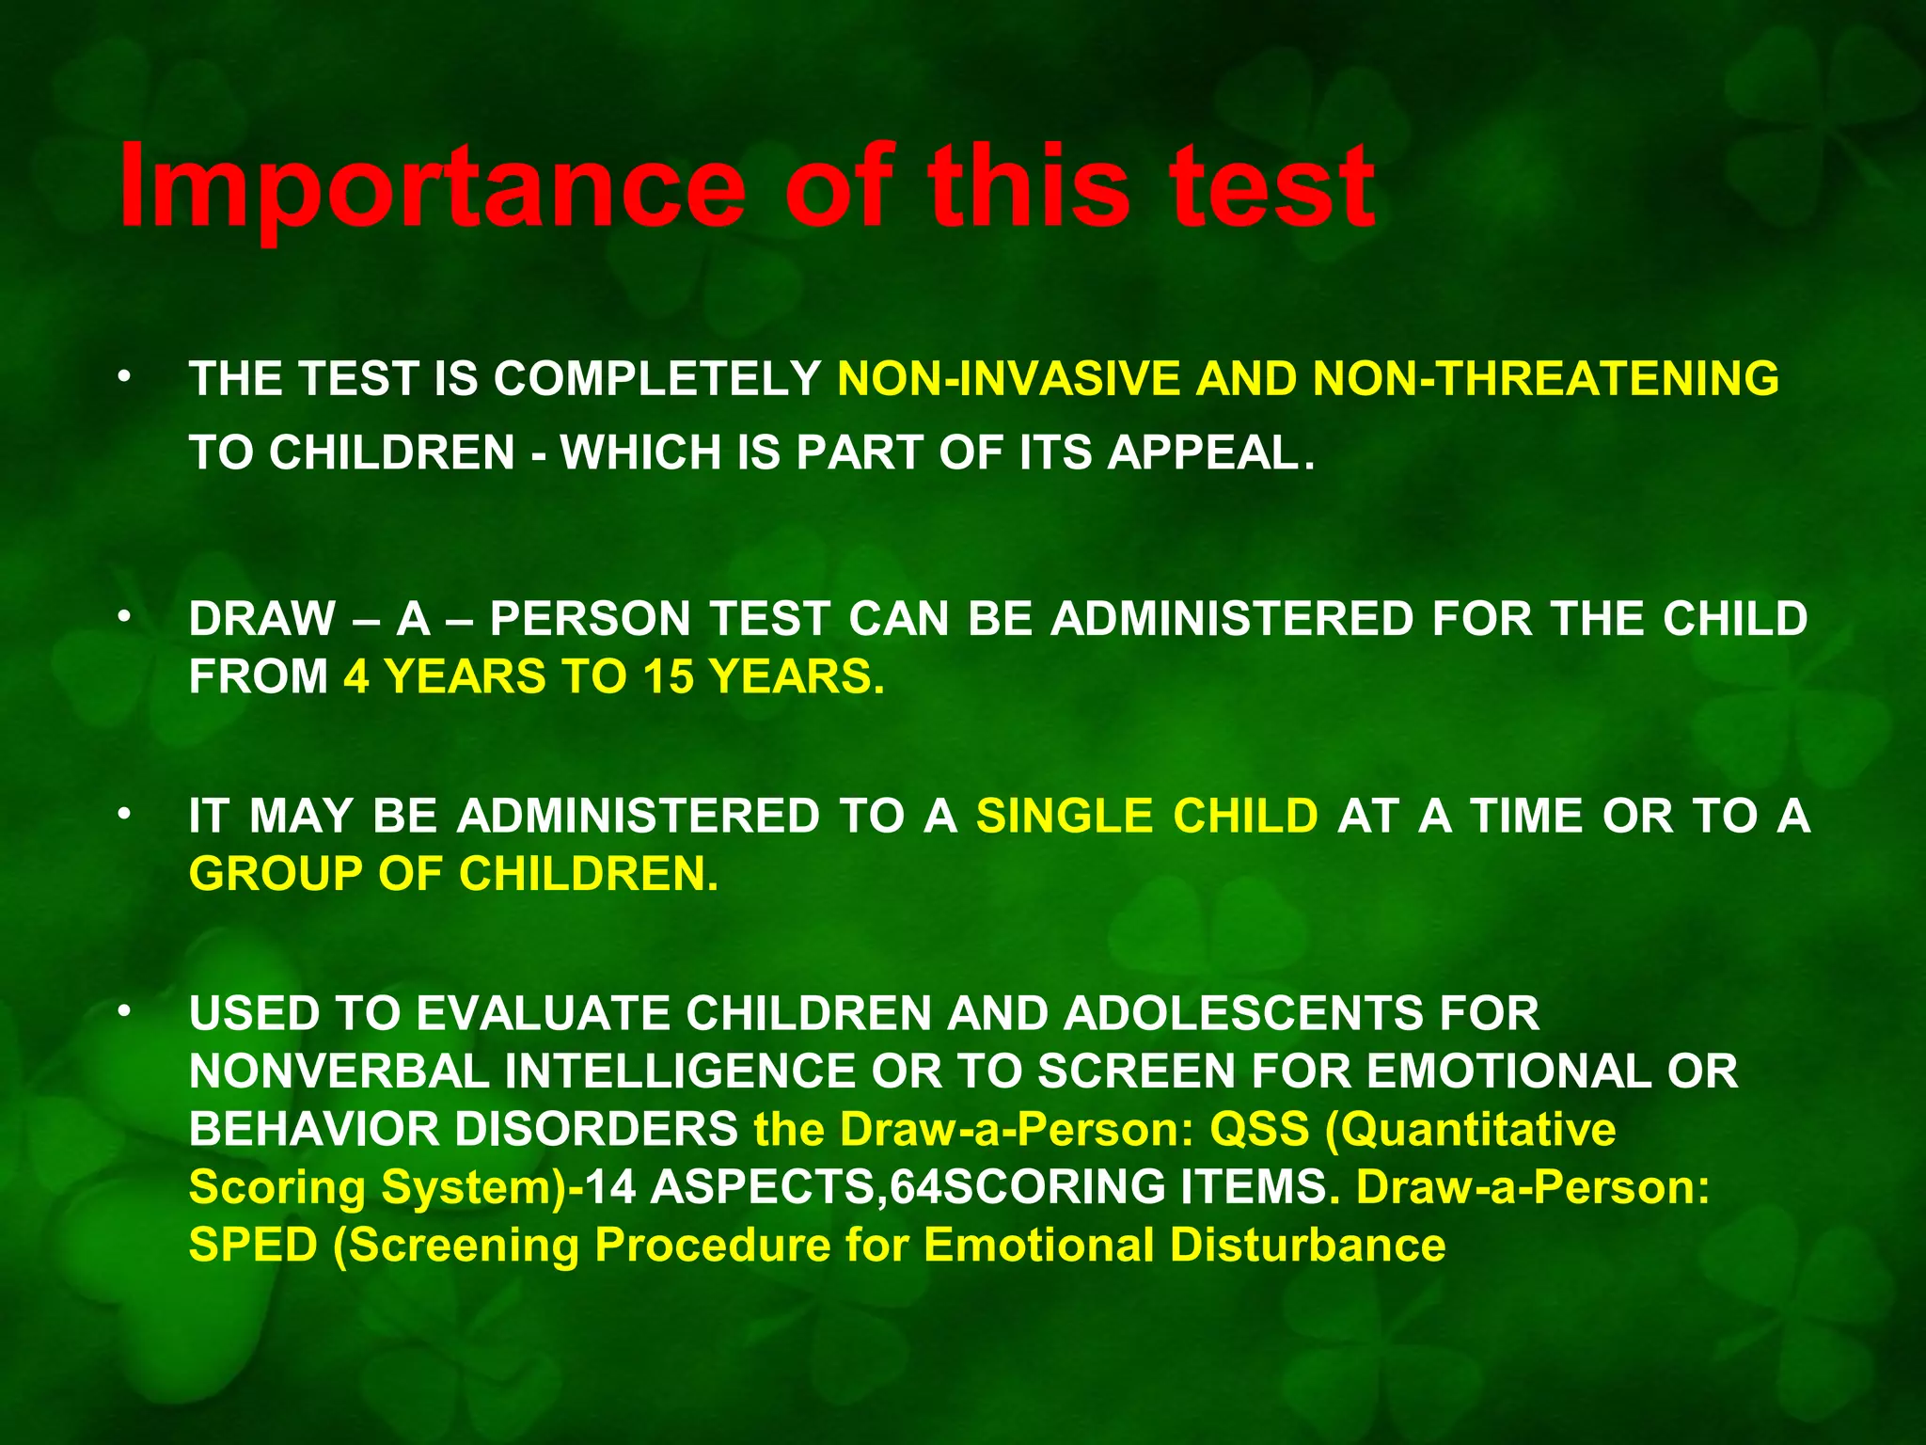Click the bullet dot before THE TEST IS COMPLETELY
click(x=123, y=377)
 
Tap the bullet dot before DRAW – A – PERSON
click(x=123, y=617)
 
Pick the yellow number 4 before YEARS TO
click(x=356, y=677)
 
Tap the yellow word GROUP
click(x=275, y=875)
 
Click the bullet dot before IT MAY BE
click(x=123, y=814)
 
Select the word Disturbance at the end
click(x=1307, y=1247)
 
